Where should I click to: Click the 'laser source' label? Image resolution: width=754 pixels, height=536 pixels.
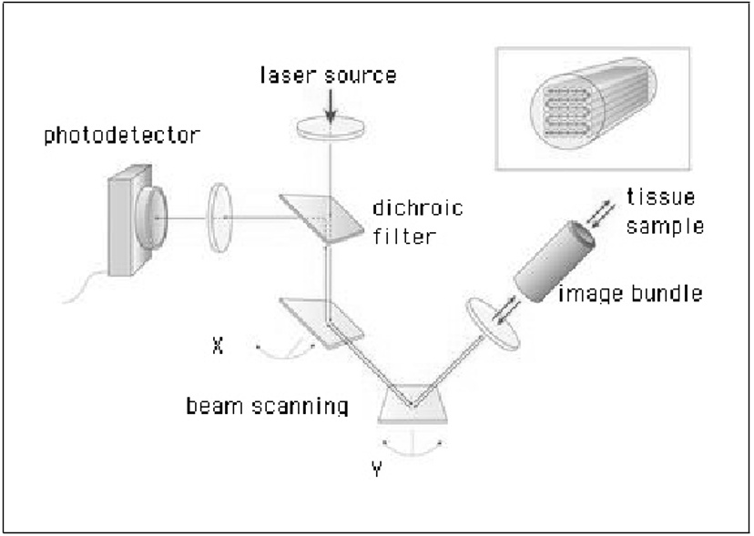point(329,75)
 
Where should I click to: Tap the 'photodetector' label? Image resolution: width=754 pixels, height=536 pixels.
point(122,135)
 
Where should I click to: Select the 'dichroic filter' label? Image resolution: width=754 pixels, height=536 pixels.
point(418,222)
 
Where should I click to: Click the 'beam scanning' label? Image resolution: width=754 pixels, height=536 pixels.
point(267,406)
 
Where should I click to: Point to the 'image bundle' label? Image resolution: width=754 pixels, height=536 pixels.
point(630,293)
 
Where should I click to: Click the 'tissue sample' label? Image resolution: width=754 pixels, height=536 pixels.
point(665,211)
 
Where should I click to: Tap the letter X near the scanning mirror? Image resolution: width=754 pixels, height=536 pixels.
point(218,345)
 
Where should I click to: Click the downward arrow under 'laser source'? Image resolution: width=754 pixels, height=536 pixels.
point(331,106)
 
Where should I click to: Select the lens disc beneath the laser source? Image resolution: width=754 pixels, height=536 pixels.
point(330,127)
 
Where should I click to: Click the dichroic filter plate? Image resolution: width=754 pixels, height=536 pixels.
point(321,218)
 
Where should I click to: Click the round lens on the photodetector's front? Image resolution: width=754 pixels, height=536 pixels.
point(151,217)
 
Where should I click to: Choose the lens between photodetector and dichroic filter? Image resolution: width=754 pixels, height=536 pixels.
point(219,217)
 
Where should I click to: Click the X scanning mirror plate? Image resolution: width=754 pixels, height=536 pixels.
point(321,323)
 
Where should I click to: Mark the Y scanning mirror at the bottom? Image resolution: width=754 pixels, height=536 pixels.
point(413,404)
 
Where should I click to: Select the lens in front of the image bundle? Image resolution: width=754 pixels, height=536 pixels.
point(493,323)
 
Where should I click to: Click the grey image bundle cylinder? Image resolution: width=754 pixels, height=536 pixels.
point(555,261)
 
